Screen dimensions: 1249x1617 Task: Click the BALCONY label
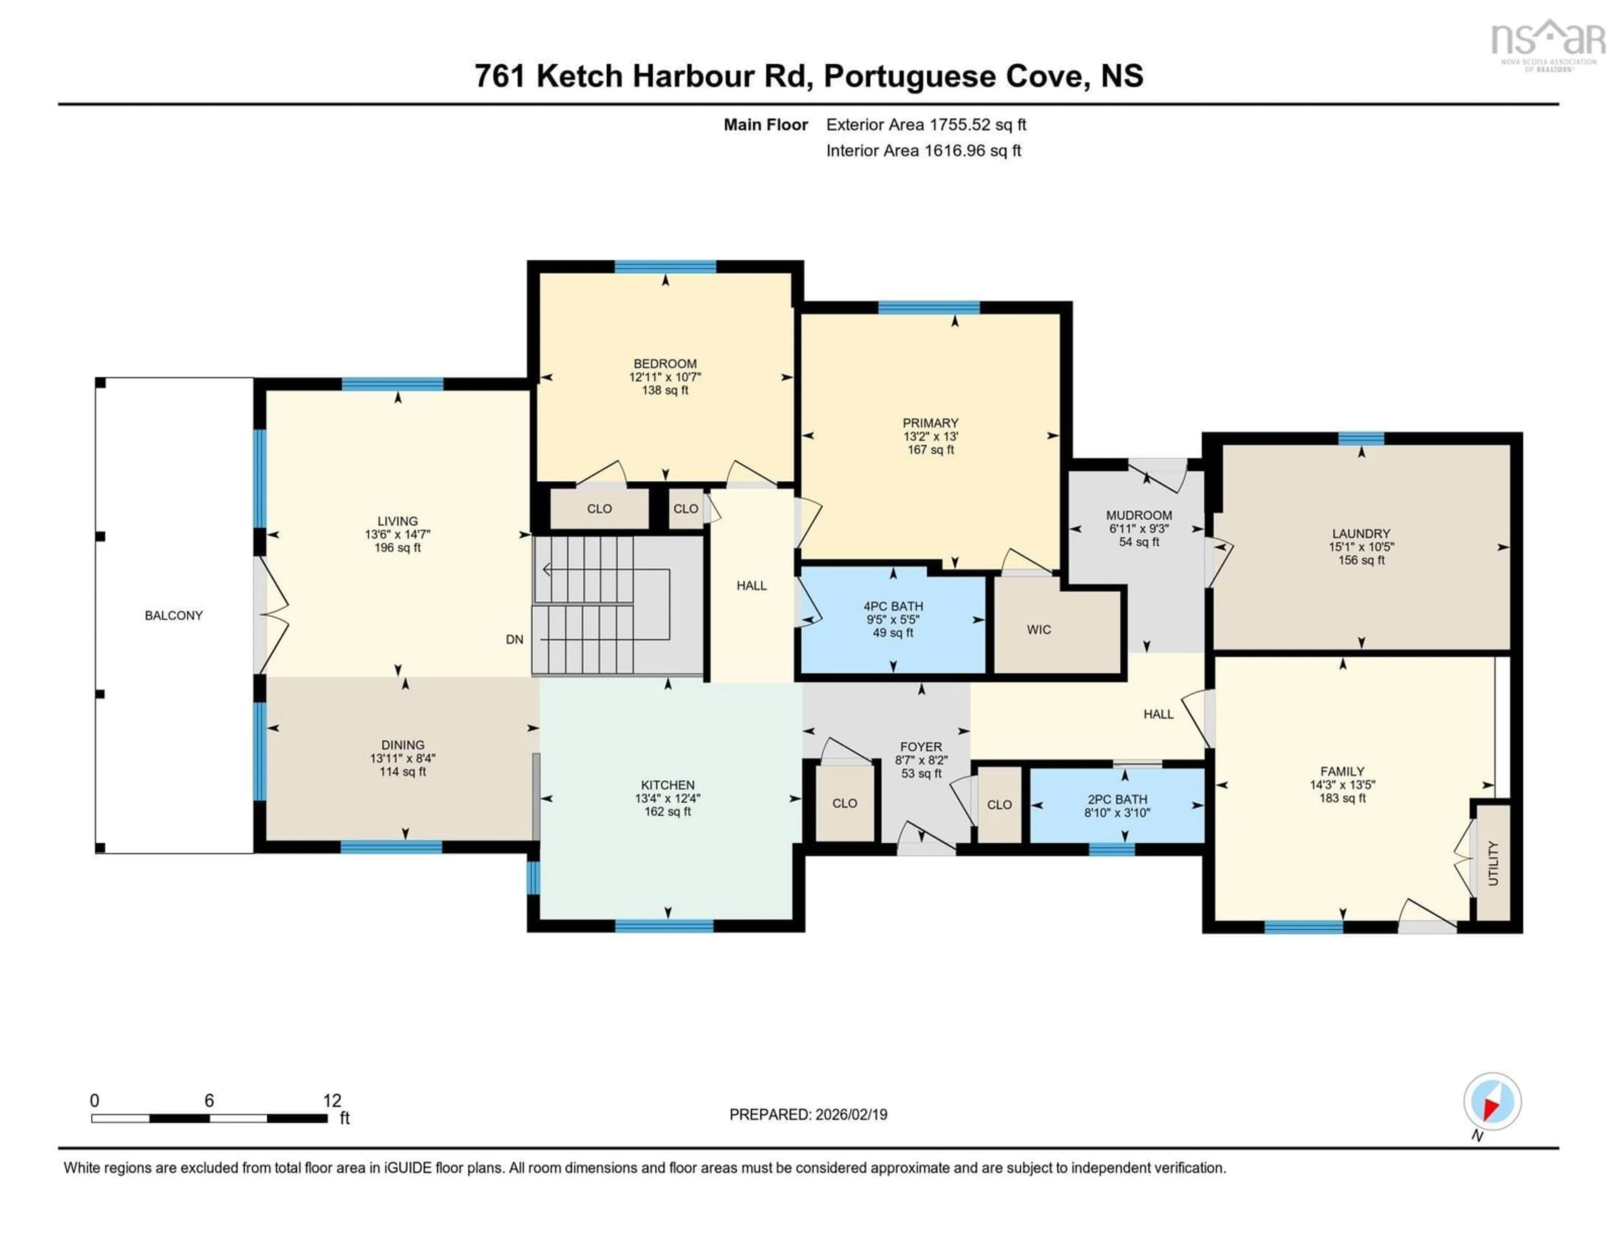coord(173,615)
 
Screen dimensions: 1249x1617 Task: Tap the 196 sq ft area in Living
coord(398,548)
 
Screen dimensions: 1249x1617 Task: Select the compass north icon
coord(1492,1102)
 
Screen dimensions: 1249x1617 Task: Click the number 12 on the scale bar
coord(332,1101)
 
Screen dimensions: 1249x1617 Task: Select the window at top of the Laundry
coord(1361,438)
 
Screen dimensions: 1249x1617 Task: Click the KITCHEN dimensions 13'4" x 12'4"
coord(667,798)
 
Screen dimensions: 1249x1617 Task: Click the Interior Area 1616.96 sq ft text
coord(923,150)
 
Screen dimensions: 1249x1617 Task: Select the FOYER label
coord(921,747)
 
